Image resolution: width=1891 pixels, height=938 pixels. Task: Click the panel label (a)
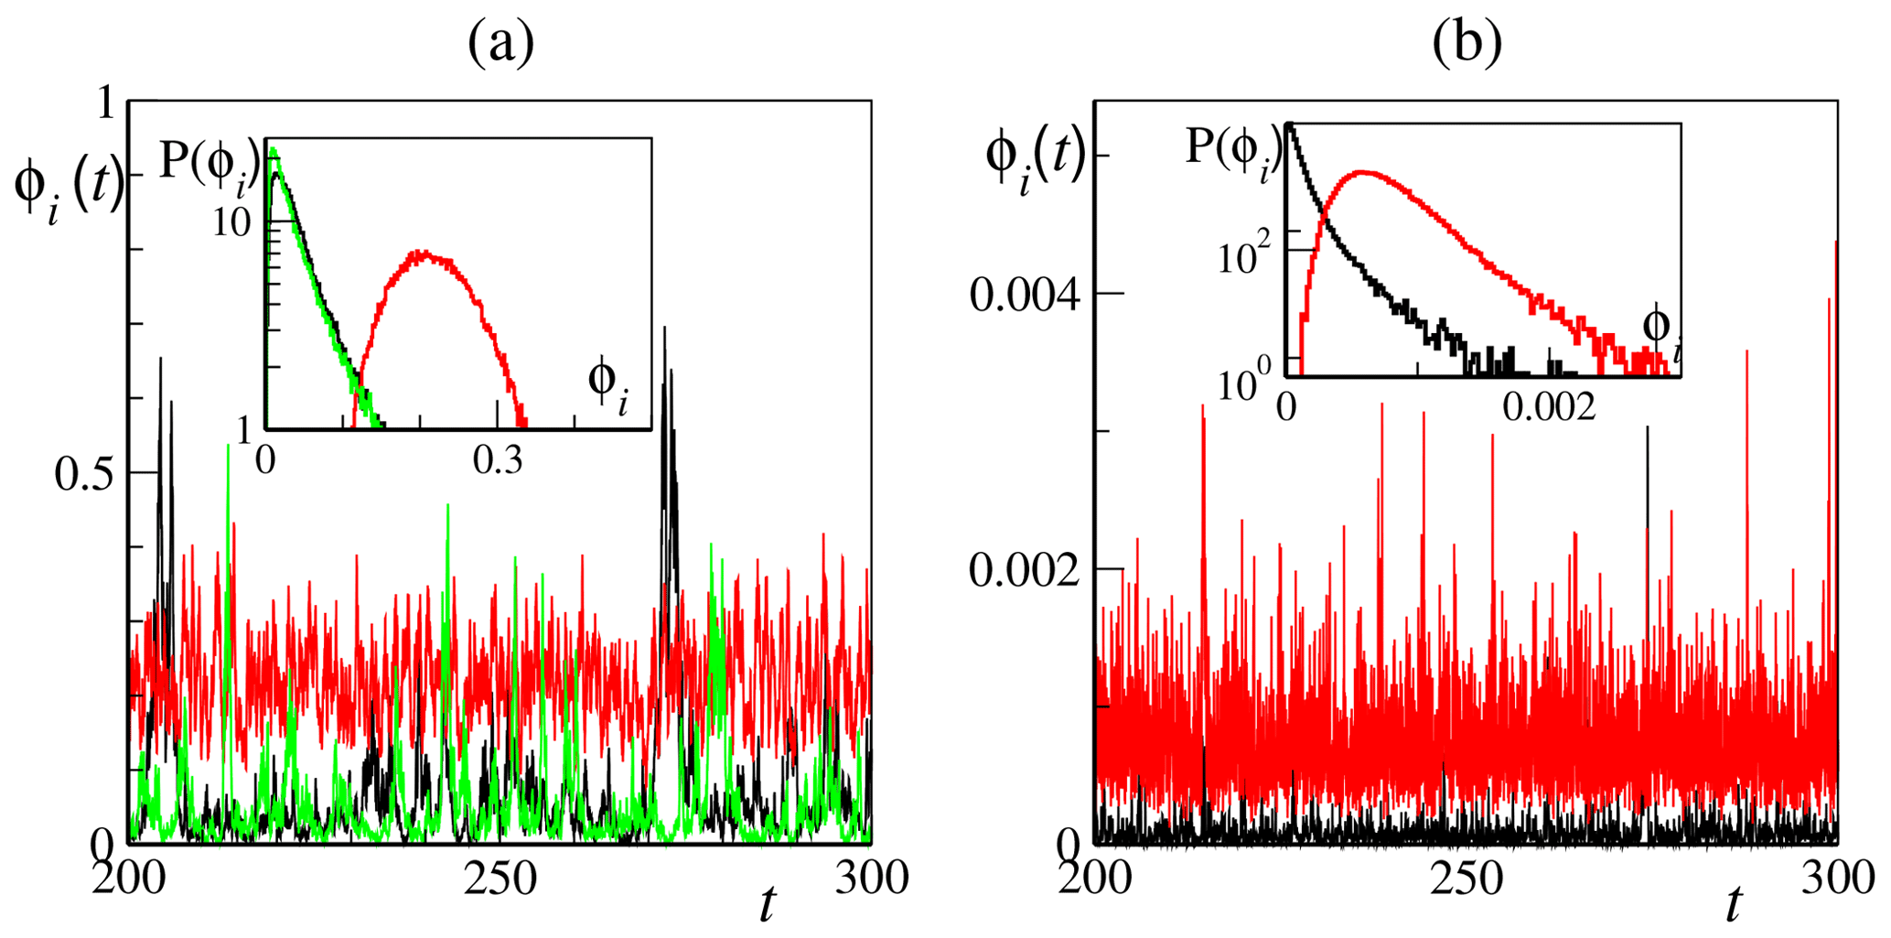(x=500, y=43)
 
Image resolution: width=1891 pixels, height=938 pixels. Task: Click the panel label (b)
(x=1467, y=43)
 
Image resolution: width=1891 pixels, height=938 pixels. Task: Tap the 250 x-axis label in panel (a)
(x=499, y=879)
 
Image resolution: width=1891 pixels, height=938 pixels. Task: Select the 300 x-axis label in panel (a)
(x=871, y=879)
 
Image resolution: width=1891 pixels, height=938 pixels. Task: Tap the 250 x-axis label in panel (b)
(x=1466, y=879)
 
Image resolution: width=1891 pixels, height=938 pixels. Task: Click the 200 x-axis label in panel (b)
(x=1096, y=879)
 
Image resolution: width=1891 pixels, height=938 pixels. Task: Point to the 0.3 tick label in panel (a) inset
(x=499, y=460)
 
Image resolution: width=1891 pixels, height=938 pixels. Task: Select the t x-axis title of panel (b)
(x=1732, y=906)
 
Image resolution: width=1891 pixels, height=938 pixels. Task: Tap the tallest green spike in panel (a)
(x=228, y=446)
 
